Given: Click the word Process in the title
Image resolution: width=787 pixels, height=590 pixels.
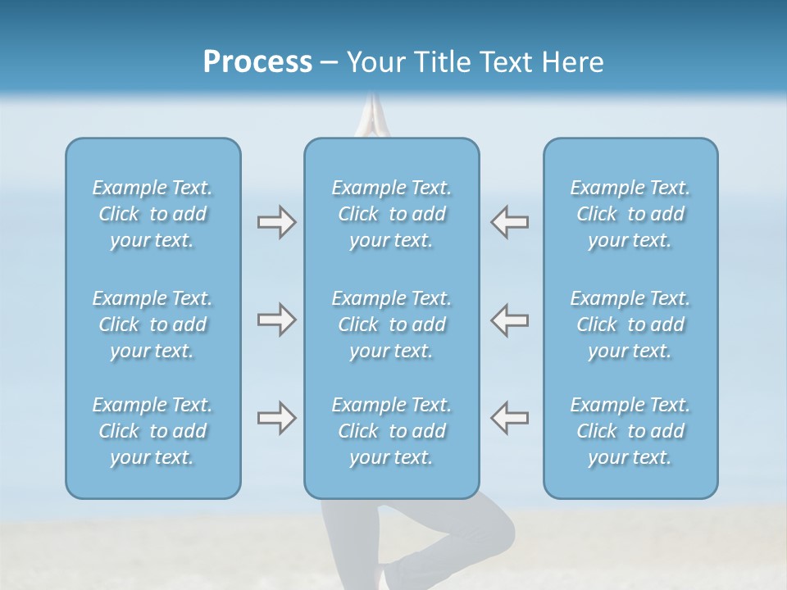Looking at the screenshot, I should (257, 62).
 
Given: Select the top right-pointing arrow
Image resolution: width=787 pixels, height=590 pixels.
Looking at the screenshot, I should (276, 222).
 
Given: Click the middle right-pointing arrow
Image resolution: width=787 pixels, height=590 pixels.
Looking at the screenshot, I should (276, 320).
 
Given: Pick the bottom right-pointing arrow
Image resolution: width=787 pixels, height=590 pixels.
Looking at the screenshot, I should (276, 418).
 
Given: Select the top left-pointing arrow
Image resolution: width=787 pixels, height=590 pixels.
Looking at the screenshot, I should (509, 222).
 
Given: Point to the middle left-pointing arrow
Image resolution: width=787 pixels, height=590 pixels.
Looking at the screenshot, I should (509, 320).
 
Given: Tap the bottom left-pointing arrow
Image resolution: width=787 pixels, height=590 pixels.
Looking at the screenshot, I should (509, 418).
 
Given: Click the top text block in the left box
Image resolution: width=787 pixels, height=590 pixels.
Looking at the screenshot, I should (152, 214).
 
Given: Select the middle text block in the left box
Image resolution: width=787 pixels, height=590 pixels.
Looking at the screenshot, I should (152, 324).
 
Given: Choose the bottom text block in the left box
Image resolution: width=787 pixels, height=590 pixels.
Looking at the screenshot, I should (152, 431).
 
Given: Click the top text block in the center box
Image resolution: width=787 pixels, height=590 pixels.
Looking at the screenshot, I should (391, 214).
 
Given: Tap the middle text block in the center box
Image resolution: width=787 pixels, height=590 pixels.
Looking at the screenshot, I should (391, 324).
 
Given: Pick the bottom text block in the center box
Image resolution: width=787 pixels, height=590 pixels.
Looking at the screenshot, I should (391, 431).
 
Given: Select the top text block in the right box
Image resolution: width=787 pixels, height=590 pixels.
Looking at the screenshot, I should (630, 214).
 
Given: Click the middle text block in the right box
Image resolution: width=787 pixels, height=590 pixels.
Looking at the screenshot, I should (630, 324).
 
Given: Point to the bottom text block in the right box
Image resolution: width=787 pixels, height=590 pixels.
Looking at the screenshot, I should (630, 431).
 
